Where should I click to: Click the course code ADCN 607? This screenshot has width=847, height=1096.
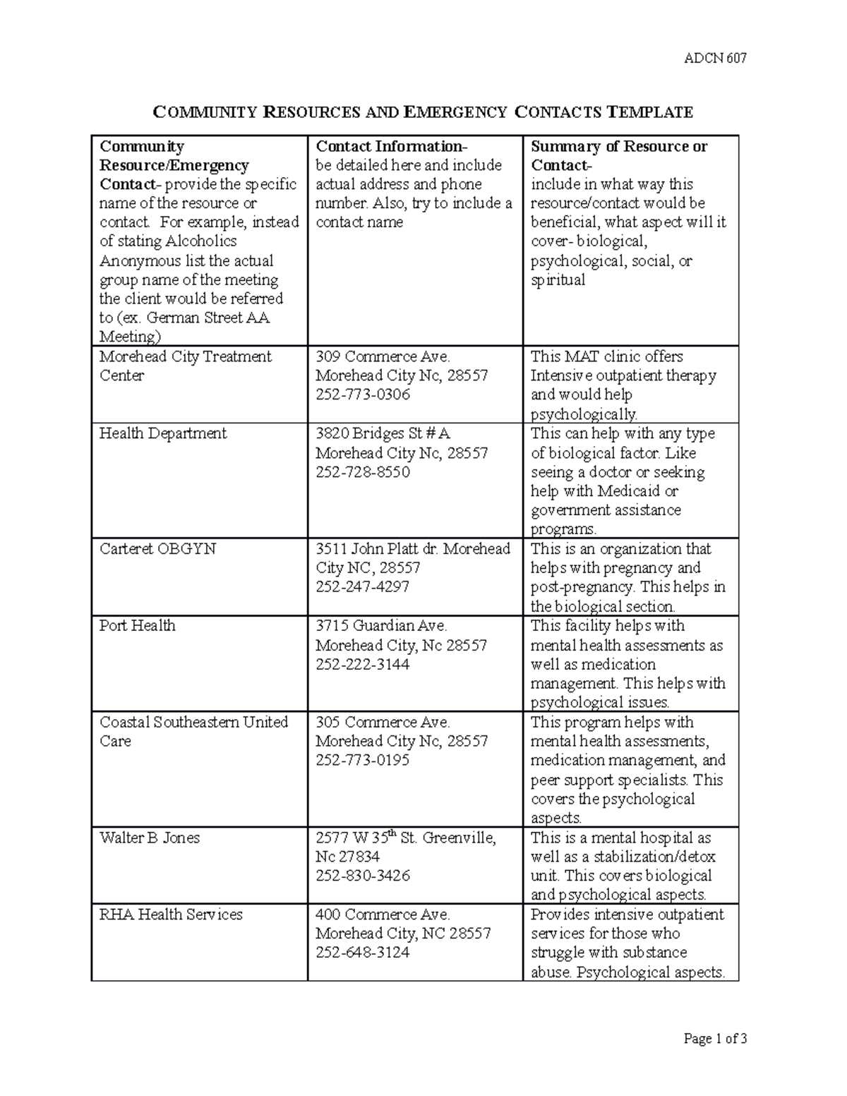pyautogui.click(x=715, y=59)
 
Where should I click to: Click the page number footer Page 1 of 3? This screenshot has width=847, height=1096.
pyautogui.click(x=715, y=1038)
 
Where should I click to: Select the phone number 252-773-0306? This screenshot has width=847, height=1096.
pyautogui.click(x=362, y=395)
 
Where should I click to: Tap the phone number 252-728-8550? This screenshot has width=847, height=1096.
pyautogui.click(x=362, y=471)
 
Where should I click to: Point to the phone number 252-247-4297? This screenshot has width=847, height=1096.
pyautogui.click(x=362, y=586)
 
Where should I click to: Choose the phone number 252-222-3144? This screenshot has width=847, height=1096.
pyautogui.click(x=362, y=664)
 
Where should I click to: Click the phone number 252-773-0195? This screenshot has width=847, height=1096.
pyautogui.click(x=362, y=760)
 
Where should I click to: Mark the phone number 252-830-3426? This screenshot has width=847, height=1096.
pyautogui.click(x=362, y=875)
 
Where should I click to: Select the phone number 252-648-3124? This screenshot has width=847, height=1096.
pyautogui.click(x=362, y=952)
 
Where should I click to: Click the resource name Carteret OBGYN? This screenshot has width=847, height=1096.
pyautogui.click(x=157, y=549)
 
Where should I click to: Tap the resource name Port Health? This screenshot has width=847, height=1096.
pyautogui.click(x=137, y=625)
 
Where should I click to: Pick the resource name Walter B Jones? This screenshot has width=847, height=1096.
pyautogui.click(x=150, y=838)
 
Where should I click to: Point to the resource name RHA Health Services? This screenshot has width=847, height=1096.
pyautogui.click(x=171, y=914)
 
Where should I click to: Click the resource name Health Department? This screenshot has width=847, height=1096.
pyautogui.click(x=163, y=433)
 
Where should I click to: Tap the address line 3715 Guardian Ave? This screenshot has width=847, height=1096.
pyautogui.click(x=381, y=625)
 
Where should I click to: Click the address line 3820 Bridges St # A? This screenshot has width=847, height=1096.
pyautogui.click(x=383, y=433)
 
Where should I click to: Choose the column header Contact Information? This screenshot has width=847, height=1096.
pyautogui.click(x=390, y=147)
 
